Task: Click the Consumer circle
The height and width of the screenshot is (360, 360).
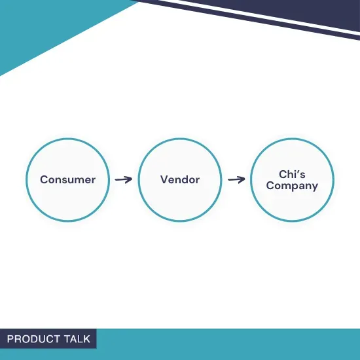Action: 67,179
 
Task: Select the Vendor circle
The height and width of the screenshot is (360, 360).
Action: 180,179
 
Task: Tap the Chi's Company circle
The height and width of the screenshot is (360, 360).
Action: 292,179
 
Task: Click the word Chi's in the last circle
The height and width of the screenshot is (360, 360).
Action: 292,174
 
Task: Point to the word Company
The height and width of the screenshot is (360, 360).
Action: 292,185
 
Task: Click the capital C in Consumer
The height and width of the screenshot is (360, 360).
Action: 44,179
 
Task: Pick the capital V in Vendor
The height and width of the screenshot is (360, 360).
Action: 164,179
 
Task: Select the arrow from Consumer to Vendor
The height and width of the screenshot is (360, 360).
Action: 123,179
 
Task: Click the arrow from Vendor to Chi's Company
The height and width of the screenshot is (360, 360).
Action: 236,179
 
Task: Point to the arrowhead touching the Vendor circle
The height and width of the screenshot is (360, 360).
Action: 129,179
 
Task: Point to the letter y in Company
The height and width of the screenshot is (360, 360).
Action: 314,187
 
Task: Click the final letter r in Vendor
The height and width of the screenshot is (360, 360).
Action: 198,180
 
